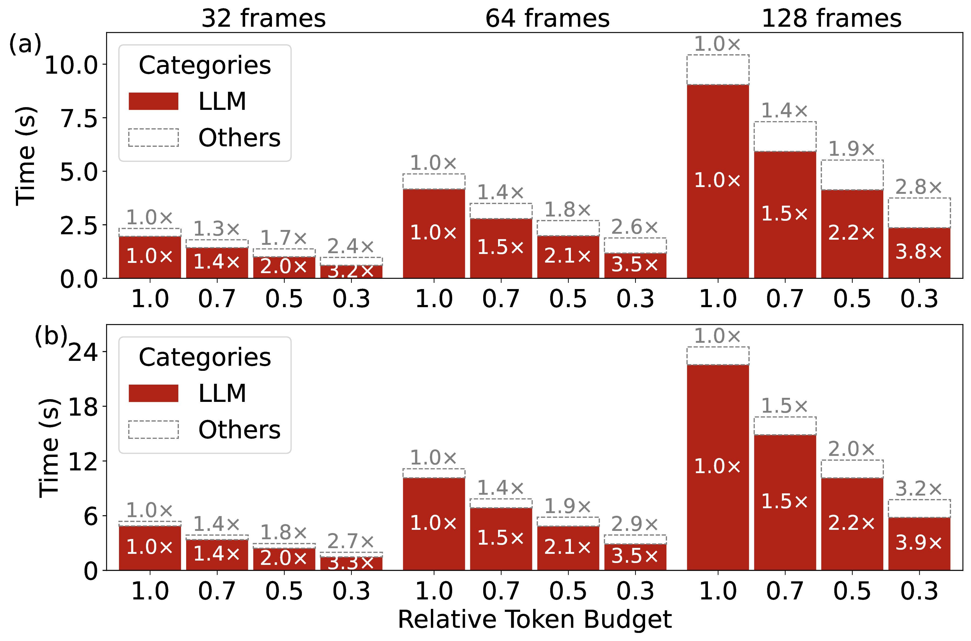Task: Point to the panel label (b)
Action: pos(51,336)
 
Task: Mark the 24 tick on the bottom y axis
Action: pos(83,352)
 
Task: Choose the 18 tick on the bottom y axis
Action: pos(83,407)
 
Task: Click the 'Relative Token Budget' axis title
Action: pos(534,619)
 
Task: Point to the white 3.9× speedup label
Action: pos(919,542)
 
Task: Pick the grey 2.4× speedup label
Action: pos(351,246)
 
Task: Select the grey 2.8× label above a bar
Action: pos(919,187)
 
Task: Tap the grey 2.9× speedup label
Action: pos(635,524)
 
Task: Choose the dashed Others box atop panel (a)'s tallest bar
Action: pos(718,69)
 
